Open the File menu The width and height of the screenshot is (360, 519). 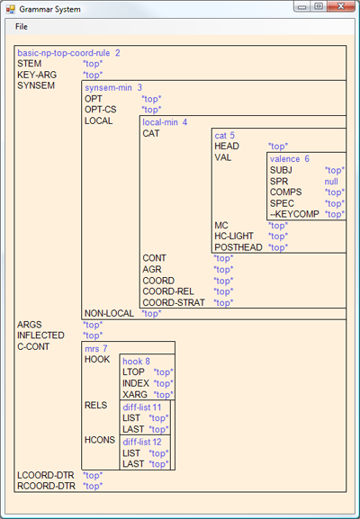tap(22, 27)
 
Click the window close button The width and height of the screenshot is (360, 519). tap(341, 6)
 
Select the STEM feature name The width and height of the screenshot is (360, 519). tap(30, 64)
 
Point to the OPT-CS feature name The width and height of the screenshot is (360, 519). tap(101, 110)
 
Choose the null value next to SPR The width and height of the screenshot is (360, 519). tap(331, 182)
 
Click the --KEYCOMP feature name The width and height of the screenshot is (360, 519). tap(294, 214)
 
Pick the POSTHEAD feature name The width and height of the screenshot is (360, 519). tap(238, 247)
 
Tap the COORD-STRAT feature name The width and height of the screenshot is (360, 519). tap(174, 302)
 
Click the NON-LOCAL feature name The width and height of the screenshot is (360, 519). tap(109, 313)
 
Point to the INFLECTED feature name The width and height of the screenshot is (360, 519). tap(40, 336)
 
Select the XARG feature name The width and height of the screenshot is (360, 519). tap(135, 395)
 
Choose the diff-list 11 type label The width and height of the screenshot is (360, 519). tap(142, 407)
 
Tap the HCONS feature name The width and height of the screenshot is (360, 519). tap(100, 440)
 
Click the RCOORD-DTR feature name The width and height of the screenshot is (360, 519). tap(47, 486)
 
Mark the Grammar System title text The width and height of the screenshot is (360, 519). tap(49, 9)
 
